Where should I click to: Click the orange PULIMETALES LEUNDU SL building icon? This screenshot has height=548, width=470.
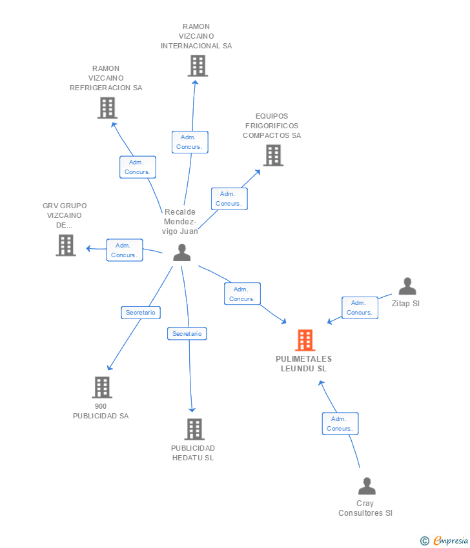[305, 340]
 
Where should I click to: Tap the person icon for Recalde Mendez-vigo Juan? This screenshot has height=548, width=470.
[182, 252]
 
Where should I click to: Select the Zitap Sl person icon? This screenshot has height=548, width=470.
[407, 286]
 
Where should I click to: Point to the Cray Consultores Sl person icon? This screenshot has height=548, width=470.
[367, 486]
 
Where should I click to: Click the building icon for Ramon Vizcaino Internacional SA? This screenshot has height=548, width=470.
[198, 66]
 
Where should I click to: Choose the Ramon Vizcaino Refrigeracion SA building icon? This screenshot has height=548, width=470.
[107, 108]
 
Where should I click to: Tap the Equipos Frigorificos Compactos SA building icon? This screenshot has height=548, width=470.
[273, 155]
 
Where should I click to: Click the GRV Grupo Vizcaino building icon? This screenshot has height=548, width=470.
[66, 245]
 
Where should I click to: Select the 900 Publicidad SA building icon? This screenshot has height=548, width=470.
[102, 387]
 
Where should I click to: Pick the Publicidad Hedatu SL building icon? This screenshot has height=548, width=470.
[194, 429]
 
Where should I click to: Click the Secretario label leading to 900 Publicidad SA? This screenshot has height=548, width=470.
[141, 313]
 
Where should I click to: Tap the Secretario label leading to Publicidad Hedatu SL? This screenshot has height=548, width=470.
[187, 334]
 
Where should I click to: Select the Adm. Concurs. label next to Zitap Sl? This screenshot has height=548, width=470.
[360, 308]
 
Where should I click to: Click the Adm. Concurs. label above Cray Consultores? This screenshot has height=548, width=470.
[340, 424]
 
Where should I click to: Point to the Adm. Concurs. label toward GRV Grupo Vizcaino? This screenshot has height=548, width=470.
[125, 250]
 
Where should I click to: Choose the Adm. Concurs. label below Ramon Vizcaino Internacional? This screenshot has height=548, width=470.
[190, 142]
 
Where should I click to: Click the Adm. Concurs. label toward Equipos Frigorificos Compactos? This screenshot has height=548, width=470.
[229, 199]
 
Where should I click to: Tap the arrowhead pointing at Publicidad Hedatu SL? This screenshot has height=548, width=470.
[192, 409]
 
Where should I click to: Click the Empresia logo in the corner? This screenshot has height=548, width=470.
[444, 541]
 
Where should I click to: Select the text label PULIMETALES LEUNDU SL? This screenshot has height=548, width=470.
[304, 364]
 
